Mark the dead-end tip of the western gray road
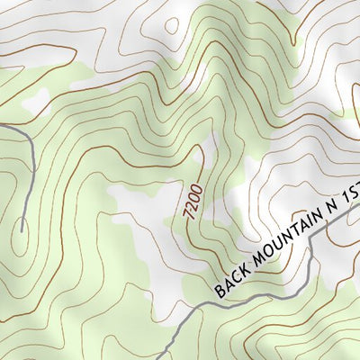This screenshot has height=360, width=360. (21, 231)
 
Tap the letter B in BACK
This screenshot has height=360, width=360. (220, 291)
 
